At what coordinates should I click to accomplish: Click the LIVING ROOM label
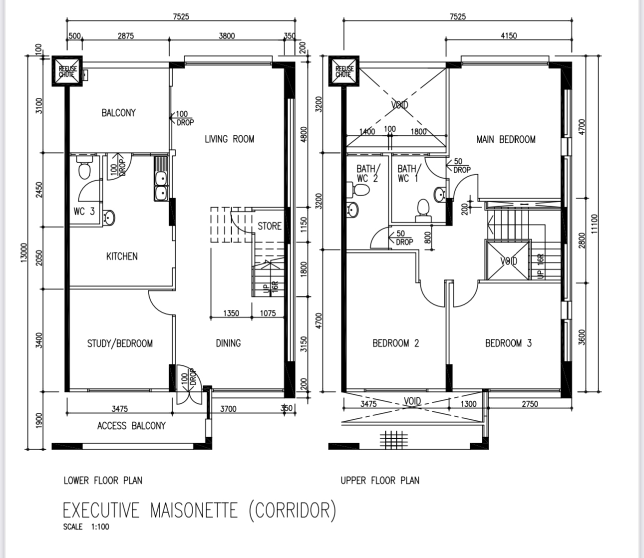(229, 139)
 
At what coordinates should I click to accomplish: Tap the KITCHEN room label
(122, 257)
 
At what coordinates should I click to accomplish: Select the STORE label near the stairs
(270, 226)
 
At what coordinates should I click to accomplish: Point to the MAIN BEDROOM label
(506, 140)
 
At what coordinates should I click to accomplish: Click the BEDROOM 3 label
(508, 343)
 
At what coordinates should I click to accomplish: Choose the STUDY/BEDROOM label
(120, 343)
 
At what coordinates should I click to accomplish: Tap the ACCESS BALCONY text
(131, 426)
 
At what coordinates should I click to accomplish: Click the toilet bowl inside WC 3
(84, 170)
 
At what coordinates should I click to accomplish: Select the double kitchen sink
(161, 186)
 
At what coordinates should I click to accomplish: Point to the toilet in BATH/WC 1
(423, 209)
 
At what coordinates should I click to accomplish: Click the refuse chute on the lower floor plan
(66, 71)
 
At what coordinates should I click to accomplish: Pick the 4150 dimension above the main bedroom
(508, 35)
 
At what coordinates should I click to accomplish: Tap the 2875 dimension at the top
(125, 36)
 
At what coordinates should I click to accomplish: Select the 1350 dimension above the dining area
(231, 313)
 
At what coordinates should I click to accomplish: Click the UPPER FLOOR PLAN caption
(380, 481)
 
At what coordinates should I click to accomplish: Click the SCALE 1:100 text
(86, 527)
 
